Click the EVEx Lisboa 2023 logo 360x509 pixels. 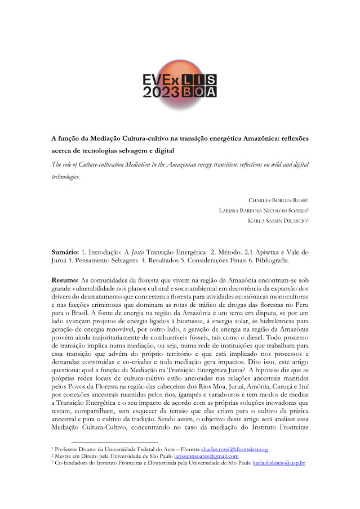click(179, 84)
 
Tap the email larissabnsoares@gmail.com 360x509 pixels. click(206, 456)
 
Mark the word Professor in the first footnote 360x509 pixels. click(69, 449)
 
